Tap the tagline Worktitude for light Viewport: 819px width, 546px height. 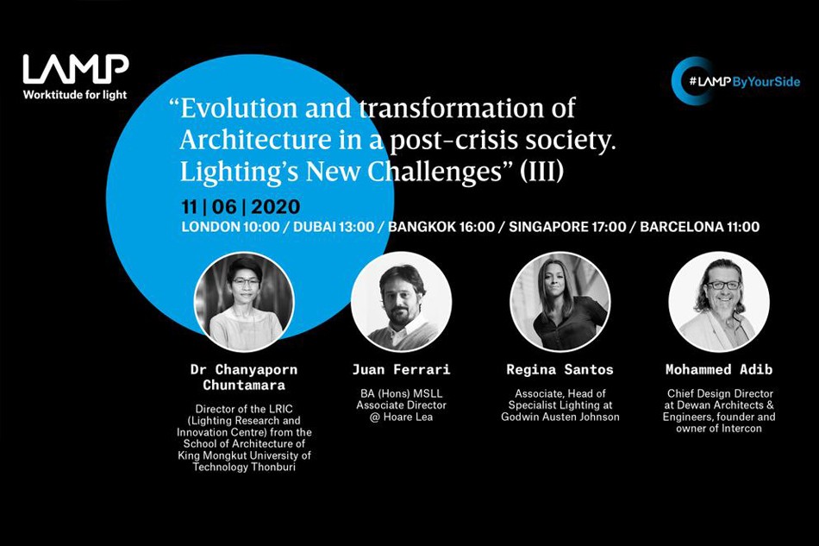tap(75, 95)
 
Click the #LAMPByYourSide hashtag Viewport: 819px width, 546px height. tap(744, 81)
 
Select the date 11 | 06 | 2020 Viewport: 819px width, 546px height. tap(241, 207)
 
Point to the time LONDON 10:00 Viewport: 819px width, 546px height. tap(230, 227)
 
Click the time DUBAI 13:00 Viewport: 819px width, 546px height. tap(334, 227)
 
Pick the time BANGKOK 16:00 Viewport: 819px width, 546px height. tap(441, 227)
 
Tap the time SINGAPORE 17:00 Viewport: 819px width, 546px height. tap(567, 227)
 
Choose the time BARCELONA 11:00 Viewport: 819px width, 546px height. tap(700, 227)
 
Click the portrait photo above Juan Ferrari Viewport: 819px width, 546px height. tap(401, 302)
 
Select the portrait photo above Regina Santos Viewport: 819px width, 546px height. tap(560, 302)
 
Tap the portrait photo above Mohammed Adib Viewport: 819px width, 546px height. tap(719, 302)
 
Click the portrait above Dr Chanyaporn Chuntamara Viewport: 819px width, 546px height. tap(244, 302)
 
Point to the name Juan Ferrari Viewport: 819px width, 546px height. tap(401, 370)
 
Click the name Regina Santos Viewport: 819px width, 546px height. tap(560, 370)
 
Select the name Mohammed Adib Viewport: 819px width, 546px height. tap(719, 370)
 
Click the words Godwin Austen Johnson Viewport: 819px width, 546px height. tap(560, 417)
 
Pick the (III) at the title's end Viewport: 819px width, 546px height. tap(541, 172)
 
